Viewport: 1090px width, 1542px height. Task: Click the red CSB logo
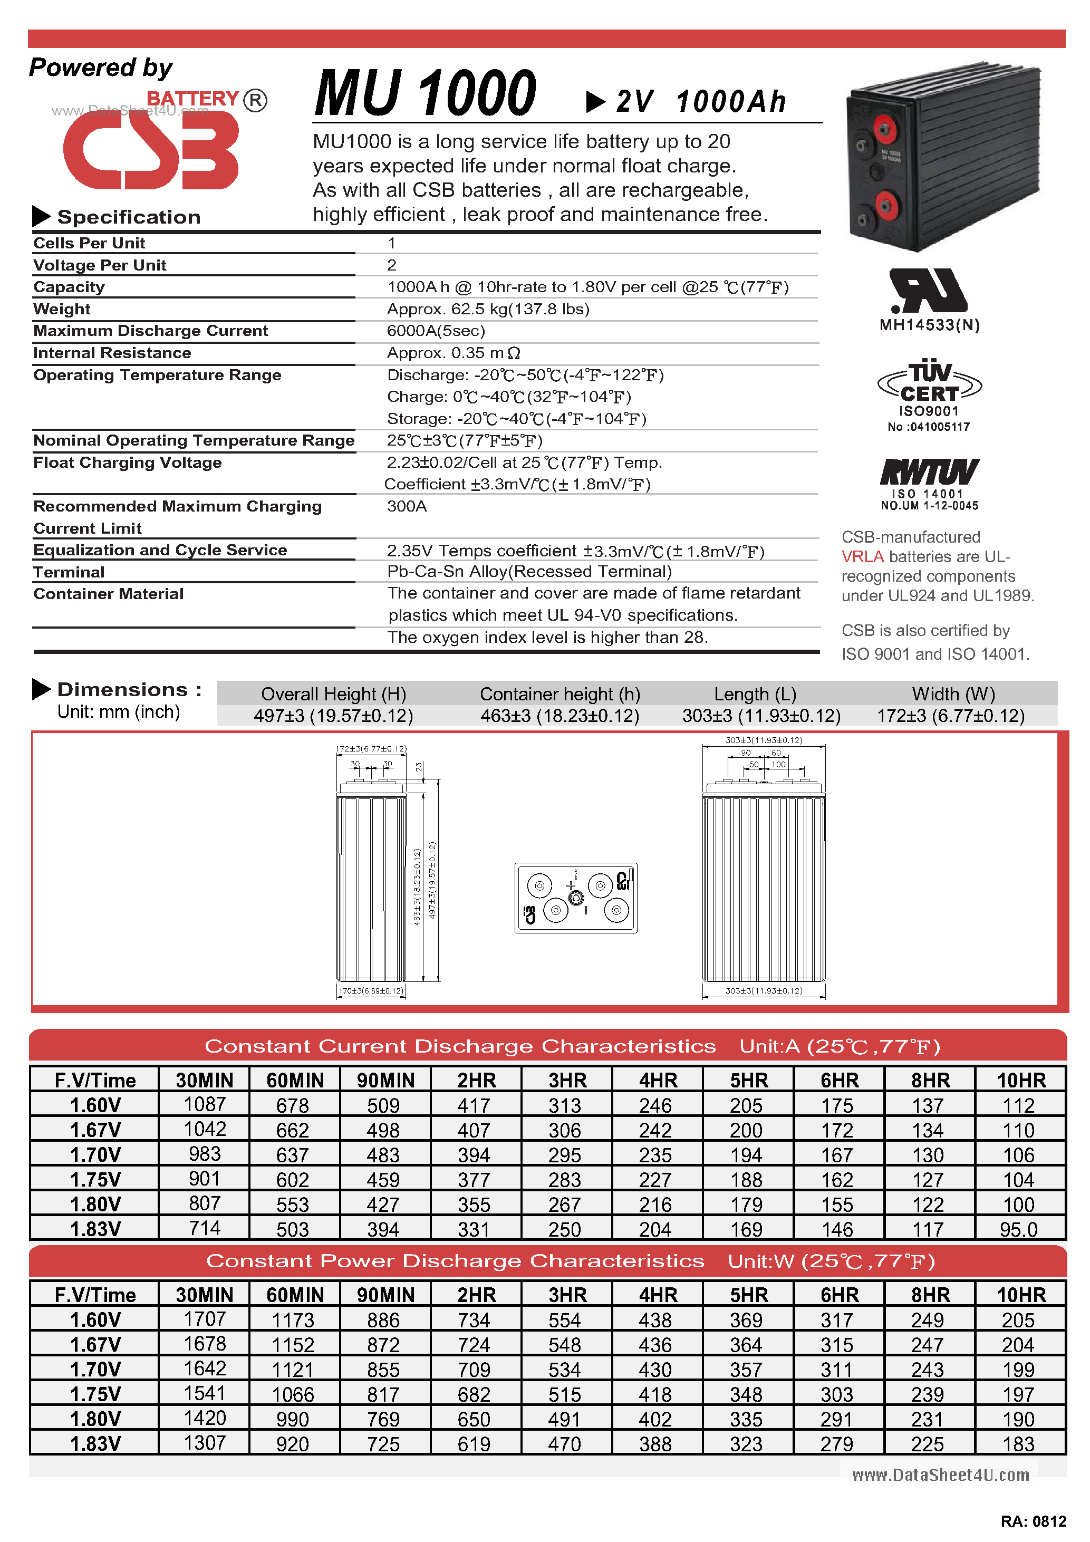tap(151, 149)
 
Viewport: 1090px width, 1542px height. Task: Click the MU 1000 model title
tap(425, 93)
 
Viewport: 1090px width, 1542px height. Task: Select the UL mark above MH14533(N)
tap(928, 291)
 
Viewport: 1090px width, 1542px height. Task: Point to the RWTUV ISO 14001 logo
tap(930, 473)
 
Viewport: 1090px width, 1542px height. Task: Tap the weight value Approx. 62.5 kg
tap(488, 309)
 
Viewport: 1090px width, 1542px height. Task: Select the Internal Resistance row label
tap(112, 353)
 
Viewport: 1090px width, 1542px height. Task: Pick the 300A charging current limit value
tap(407, 506)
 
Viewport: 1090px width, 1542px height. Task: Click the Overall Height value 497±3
tap(334, 716)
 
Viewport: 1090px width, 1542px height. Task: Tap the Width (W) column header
tap(953, 694)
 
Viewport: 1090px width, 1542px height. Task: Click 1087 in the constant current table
tap(205, 1105)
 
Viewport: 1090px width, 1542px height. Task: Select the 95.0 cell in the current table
tap(1018, 1229)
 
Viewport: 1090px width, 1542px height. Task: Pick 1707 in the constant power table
tap(205, 1319)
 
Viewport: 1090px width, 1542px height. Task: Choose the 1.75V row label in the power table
tap(95, 1394)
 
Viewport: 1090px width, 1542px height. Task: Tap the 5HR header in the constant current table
tap(748, 1080)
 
